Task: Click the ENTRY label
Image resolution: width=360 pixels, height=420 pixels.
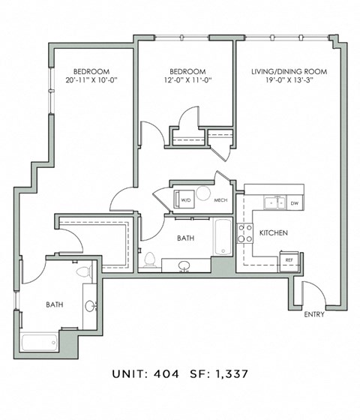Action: pos(314,314)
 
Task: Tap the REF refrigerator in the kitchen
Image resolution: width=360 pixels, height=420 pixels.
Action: pos(289,262)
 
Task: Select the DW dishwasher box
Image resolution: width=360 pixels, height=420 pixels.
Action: pos(295,203)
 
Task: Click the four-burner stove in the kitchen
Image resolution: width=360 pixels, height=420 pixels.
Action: pos(244,233)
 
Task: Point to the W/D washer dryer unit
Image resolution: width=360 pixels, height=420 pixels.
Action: pos(184,199)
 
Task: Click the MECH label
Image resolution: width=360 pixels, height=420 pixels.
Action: pos(220,200)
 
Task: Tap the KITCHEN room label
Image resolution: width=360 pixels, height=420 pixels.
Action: pos(274,232)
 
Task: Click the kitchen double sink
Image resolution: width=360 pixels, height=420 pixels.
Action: pos(274,202)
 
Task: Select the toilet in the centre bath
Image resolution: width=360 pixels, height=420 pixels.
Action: pos(150,259)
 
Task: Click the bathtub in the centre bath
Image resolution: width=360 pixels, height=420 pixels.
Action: pos(223,237)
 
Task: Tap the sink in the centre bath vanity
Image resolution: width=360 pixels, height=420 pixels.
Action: pos(184,265)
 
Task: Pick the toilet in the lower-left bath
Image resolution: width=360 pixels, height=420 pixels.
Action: pos(84,271)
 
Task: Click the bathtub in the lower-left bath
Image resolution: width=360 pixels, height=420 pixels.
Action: pos(39,341)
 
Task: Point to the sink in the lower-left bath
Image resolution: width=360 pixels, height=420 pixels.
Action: pos(90,306)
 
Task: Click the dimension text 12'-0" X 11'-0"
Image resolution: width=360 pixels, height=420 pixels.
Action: pos(187,79)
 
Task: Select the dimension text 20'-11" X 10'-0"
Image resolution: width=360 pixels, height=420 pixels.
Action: pos(91,79)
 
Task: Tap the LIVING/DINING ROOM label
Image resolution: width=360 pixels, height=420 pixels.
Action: pos(289,71)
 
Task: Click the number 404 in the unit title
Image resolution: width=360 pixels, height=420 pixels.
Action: pos(166,374)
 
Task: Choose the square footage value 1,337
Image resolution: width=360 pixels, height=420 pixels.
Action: pos(232,374)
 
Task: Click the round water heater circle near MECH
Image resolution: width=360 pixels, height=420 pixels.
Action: pos(203,193)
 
